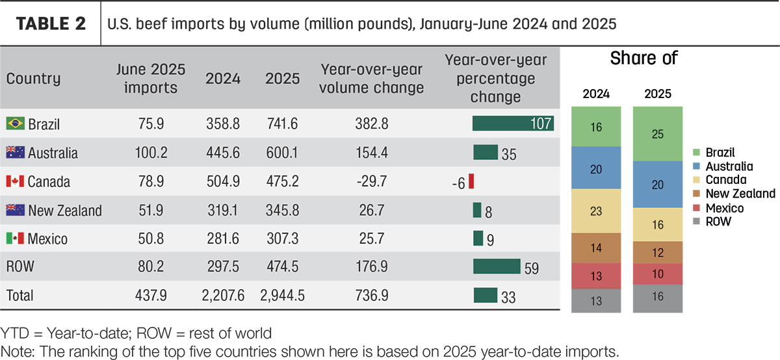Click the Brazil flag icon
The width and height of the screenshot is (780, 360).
click(16, 123)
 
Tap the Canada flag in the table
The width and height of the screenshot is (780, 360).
click(16, 181)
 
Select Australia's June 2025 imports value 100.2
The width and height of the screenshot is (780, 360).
click(151, 153)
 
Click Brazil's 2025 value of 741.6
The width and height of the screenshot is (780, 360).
click(282, 123)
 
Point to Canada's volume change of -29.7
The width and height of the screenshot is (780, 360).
click(372, 181)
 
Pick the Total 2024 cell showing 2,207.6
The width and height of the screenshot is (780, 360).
click(223, 296)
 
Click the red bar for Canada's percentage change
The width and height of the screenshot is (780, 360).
click(471, 181)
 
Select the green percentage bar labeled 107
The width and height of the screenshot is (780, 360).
click(513, 123)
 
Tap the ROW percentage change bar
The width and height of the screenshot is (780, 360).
click(497, 266)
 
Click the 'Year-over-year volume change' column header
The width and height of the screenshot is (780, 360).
click(372, 79)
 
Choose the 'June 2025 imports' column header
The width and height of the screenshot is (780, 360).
click(151, 79)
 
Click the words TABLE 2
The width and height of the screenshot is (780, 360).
click(51, 23)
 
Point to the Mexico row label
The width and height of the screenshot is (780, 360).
click(47, 239)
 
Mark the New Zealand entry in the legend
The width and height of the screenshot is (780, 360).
click(734, 194)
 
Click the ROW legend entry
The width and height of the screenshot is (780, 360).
click(712, 222)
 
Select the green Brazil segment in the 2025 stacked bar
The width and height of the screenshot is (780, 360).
click(657, 134)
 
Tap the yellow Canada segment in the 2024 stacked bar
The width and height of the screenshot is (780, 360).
click(596, 211)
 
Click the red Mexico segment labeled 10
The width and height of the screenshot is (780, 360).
click(657, 274)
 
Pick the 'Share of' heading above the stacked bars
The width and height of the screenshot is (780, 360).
click(644, 58)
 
